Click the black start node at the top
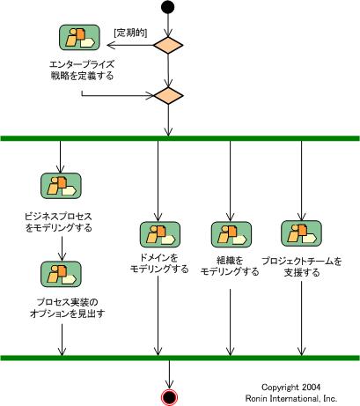point(168,7)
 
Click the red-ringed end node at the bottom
point(169,397)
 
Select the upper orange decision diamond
point(168,45)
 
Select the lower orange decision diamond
point(168,96)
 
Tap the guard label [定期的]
point(130,33)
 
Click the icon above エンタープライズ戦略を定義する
point(79,38)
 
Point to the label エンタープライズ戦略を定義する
point(82,70)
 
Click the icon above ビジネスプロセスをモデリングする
point(61,186)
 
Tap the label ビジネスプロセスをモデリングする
point(58,222)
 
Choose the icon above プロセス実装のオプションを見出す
point(61,274)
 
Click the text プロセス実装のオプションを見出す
point(68,308)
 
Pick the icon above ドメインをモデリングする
point(160,234)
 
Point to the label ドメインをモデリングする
point(159,263)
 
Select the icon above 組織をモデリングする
point(231,234)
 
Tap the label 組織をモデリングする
point(230,266)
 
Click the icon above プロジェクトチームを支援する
point(301,233)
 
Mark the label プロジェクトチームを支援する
point(302,267)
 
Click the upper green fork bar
point(180,138)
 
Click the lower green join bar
point(180,358)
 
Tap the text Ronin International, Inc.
point(291,398)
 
